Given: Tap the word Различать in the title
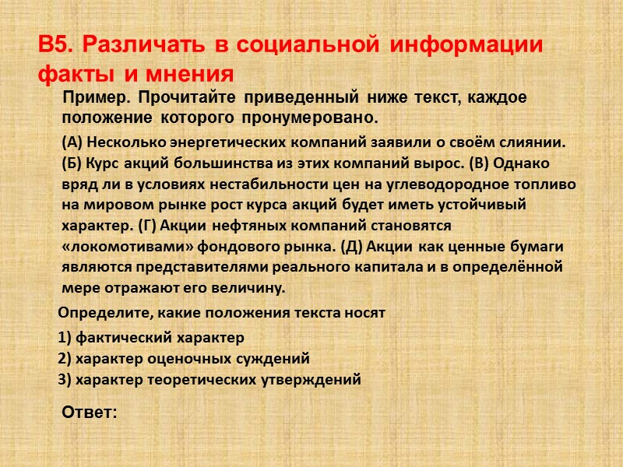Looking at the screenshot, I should (137, 44).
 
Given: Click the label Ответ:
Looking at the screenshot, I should (89, 412).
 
